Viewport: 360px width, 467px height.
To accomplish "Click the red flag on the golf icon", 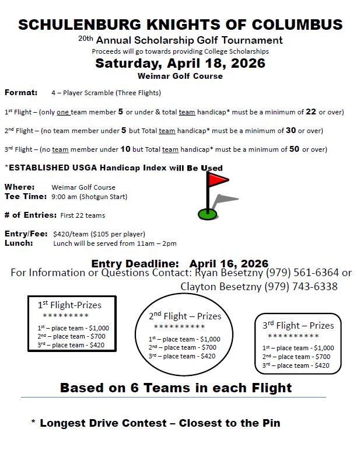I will (x=219, y=180).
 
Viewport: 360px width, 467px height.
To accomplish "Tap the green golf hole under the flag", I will (x=207, y=214).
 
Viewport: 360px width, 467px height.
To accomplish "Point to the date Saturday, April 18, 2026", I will (x=180, y=63).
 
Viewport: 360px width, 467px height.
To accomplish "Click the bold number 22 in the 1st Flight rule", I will (x=310, y=111).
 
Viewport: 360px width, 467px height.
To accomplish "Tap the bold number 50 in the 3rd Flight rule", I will (x=294, y=149).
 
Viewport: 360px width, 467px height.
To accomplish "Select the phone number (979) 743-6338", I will (x=300, y=287).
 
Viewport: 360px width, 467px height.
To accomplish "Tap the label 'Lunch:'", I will (x=19, y=243).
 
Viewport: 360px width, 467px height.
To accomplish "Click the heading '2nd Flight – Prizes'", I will (x=185, y=316).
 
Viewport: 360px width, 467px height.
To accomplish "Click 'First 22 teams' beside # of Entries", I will (x=83, y=215).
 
